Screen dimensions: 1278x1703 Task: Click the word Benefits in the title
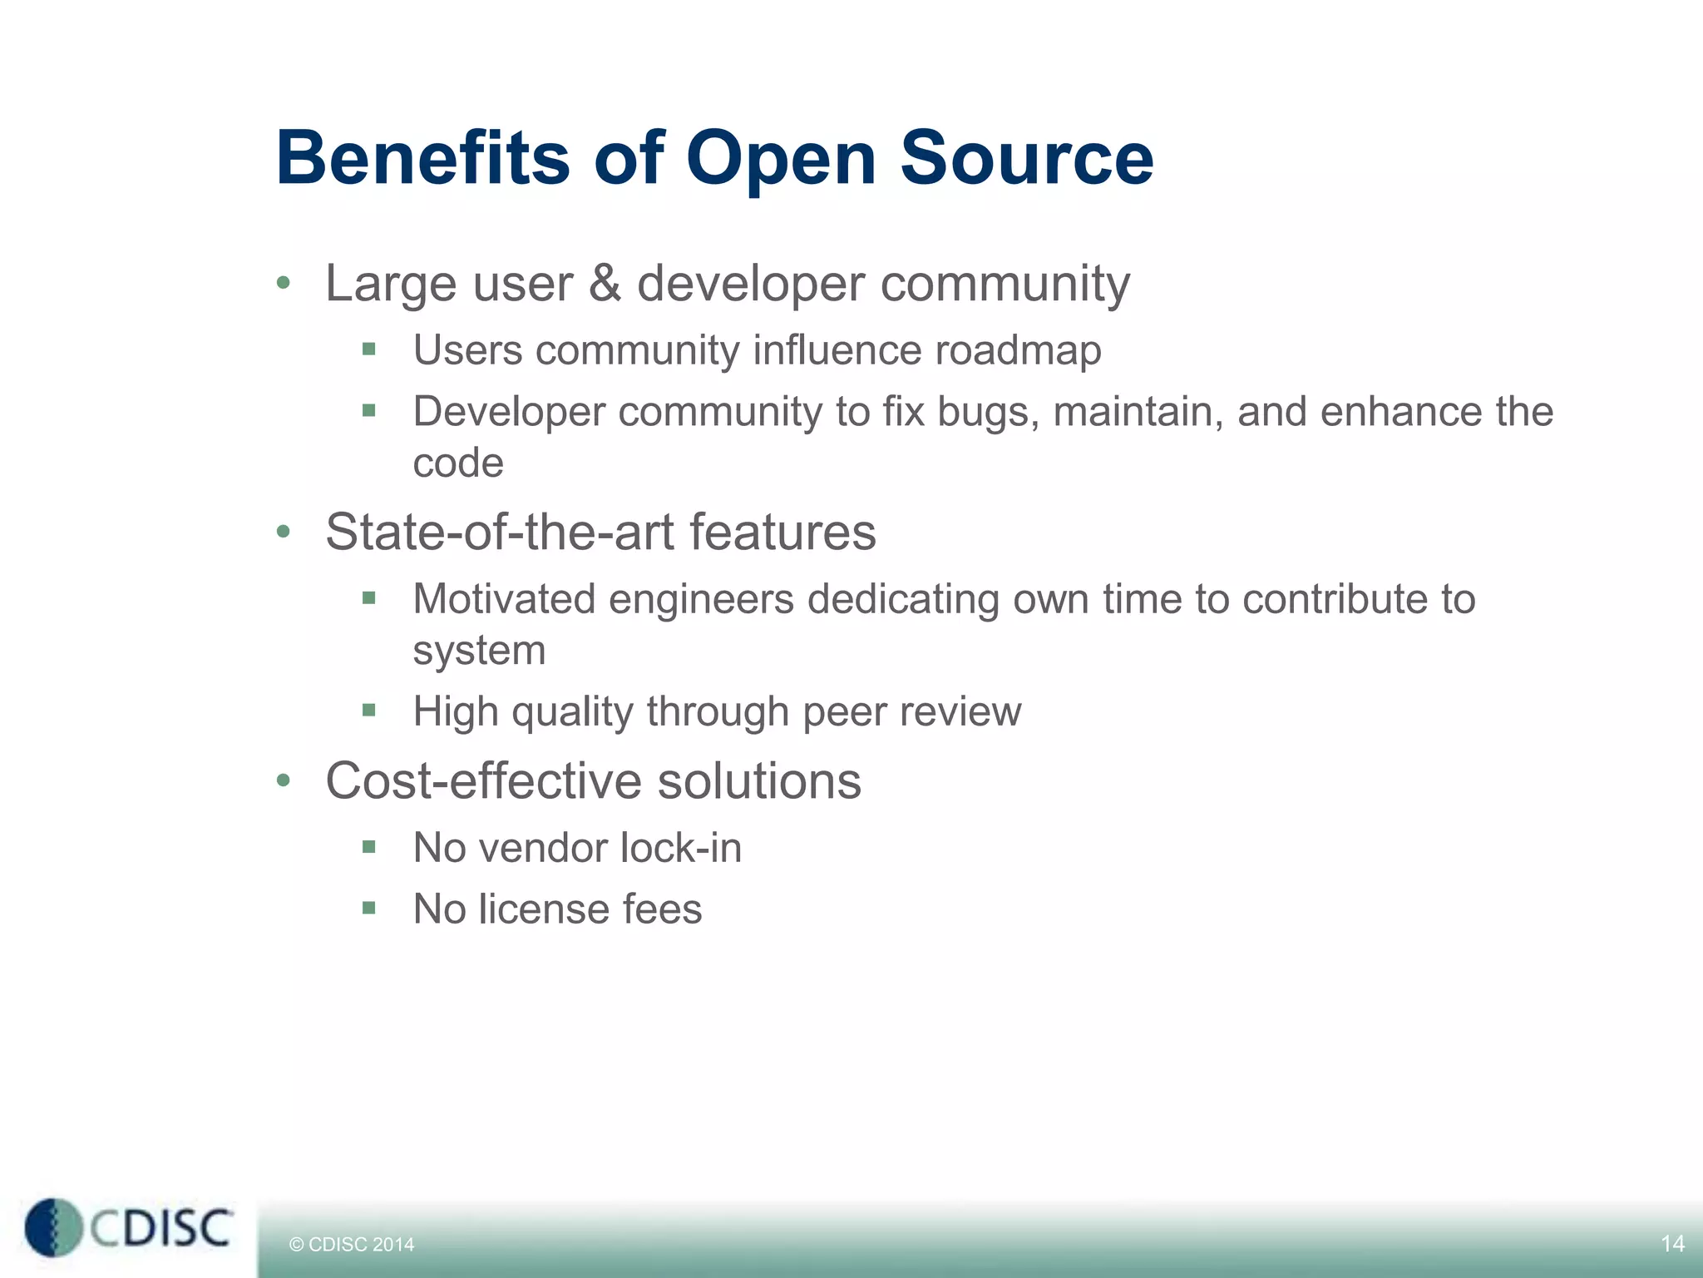(x=422, y=158)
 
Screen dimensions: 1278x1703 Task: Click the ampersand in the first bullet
(x=605, y=283)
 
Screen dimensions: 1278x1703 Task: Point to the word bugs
(x=988, y=413)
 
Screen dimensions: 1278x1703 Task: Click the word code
(x=458, y=463)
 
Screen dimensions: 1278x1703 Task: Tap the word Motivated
(x=504, y=599)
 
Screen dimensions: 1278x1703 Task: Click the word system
(x=479, y=651)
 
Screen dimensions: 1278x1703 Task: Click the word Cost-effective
(x=483, y=781)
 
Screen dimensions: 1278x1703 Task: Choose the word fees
(x=662, y=909)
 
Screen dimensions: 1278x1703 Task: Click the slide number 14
(x=1672, y=1244)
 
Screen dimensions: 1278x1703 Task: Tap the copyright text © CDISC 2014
(x=351, y=1245)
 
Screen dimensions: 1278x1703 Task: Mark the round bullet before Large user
(x=284, y=284)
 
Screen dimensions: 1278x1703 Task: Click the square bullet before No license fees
(x=369, y=908)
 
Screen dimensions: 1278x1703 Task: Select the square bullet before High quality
(x=369, y=711)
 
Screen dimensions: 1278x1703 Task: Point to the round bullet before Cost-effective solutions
(x=284, y=781)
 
